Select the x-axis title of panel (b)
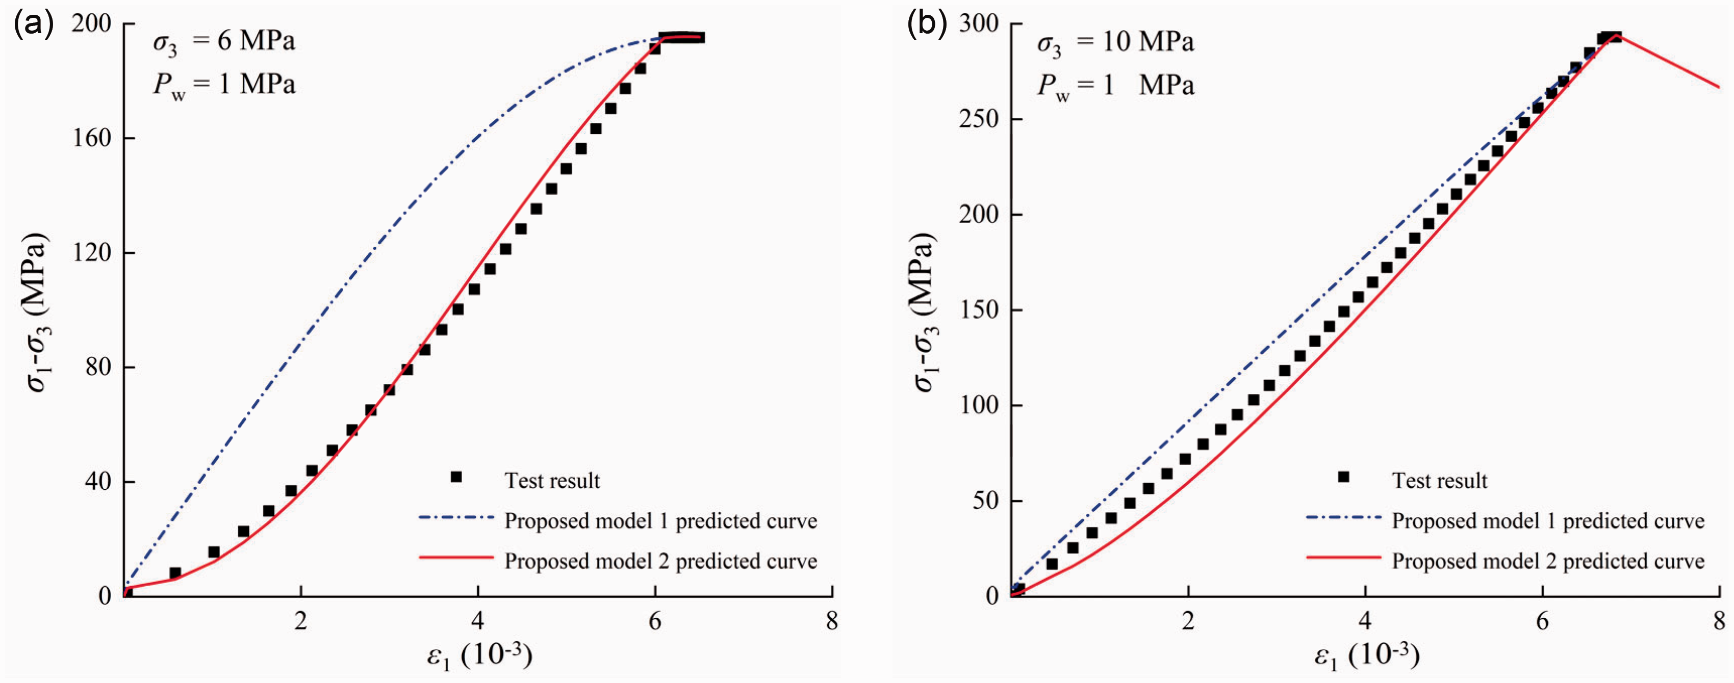(1366, 655)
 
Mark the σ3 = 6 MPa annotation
(224, 43)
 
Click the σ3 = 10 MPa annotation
(1115, 43)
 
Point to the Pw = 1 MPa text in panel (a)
(224, 86)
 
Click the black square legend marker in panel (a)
(456, 477)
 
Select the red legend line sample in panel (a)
(456, 557)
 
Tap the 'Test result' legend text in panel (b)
(1440, 481)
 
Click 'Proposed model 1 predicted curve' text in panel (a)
(661, 521)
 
